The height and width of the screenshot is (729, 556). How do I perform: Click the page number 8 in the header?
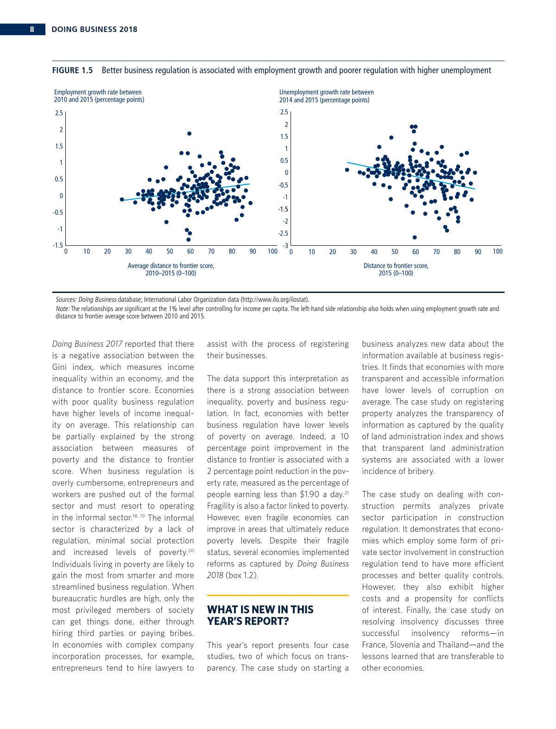pyautogui.click(x=32, y=30)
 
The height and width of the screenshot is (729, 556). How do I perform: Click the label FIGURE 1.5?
pyautogui.click(x=72, y=70)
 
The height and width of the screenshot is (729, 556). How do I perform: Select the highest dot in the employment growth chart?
pyautogui.click(x=189, y=133)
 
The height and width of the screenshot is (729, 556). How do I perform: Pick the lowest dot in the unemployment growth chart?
pyautogui.click(x=415, y=237)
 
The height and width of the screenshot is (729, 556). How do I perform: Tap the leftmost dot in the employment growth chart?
pyautogui.click(x=122, y=199)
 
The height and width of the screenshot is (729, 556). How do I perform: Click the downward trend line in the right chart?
pyautogui.click(x=408, y=175)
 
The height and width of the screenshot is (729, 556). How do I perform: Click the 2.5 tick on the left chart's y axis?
pyautogui.click(x=59, y=113)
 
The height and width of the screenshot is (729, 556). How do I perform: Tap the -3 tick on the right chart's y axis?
pyautogui.click(x=285, y=246)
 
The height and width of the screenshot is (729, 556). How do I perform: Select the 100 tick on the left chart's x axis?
pyautogui.click(x=273, y=251)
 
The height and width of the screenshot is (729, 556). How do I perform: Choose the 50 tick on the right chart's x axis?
pyautogui.click(x=395, y=252)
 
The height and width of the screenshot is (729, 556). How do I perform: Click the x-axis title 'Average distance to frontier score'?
pyautogui.click(x=171, y=266)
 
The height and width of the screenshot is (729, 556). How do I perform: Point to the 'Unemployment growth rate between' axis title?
pyautogui.click(x=326, y=93)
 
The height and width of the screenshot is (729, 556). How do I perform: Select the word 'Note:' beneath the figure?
pyautogui.click(x=63, y=309)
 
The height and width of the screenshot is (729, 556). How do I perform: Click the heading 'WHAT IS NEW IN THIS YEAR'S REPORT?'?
pyautogui.click(x=260, y=615)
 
